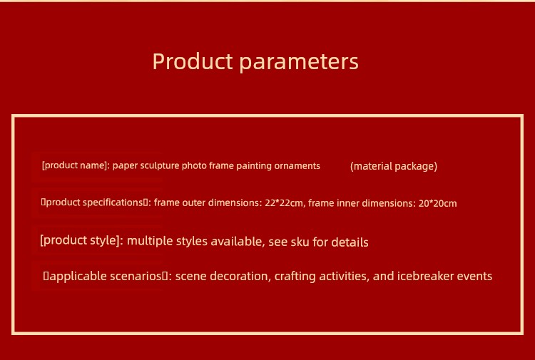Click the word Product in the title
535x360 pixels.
point(193,61)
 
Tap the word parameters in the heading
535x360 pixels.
point(299,63)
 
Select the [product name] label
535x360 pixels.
point(76,165)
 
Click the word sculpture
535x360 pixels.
point(160,165)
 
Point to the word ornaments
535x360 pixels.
point(297,166)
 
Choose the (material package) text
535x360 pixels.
point(394,166)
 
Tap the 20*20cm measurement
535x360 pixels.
point(437,203)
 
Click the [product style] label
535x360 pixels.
point(81,240)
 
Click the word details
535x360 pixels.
point(350,242)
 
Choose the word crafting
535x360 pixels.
point(295,276)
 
